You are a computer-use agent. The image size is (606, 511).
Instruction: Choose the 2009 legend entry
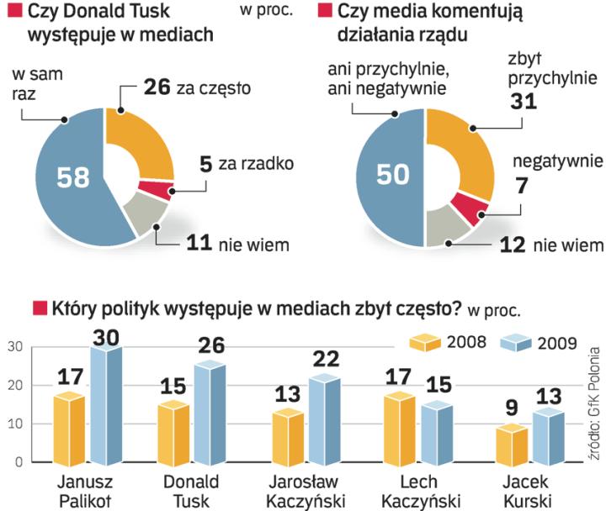540,342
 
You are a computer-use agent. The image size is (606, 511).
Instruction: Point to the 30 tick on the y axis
15,347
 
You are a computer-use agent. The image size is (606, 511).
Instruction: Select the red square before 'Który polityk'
39,308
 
